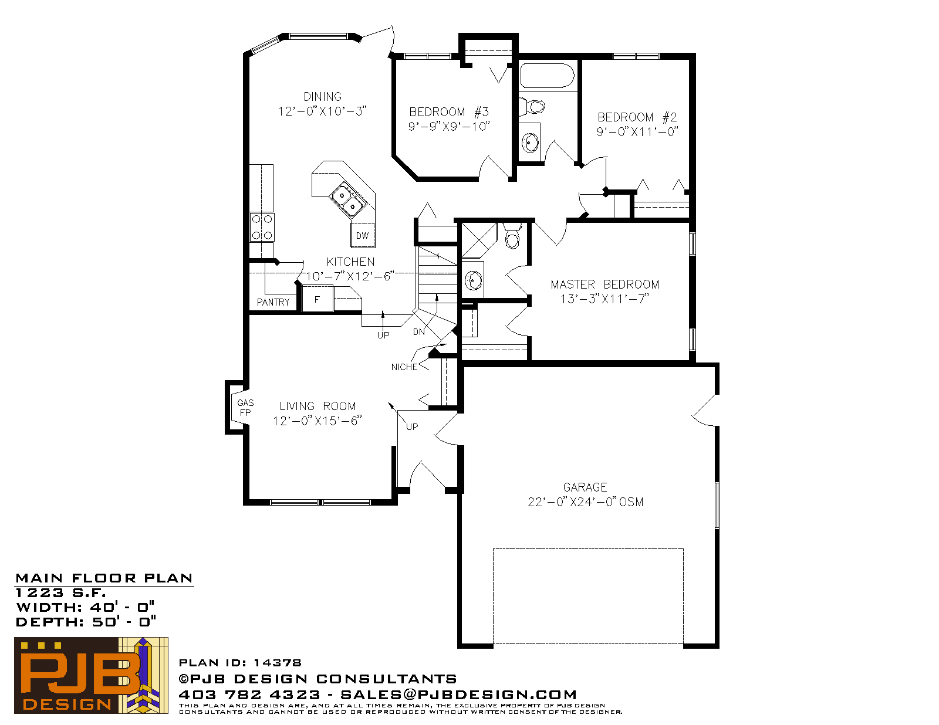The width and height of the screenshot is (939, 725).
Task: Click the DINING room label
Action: [x=322, y=97]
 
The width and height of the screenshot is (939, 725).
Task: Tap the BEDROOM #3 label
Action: [x=449, y=112]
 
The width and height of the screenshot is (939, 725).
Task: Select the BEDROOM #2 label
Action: [x=637, y=117]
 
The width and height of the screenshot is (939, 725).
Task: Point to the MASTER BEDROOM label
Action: [x=604, y=284]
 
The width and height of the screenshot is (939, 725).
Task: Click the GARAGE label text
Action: [x=585, y=487]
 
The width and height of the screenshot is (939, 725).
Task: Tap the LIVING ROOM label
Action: [x=317, y=406]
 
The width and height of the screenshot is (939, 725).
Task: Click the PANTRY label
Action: [x=273, y=302]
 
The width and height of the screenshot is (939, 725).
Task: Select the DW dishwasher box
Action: [x=363, y=235]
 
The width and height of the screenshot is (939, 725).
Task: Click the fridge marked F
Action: [x=317, y=299]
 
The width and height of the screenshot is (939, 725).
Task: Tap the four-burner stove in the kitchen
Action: [x=262, y=227]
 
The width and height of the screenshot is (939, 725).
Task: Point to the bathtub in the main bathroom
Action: [x=547, y=76]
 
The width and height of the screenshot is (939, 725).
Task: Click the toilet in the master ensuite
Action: [x=512, y=236]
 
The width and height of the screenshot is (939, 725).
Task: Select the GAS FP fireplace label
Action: [x=245, y=408]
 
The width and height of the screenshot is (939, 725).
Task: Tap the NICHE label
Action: [x=404, y=367]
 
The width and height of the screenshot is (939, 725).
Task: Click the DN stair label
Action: [x=418, y=332]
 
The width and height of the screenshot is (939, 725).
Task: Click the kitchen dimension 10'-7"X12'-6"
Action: [x=350, y=276]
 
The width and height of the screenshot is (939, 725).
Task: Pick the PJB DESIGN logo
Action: [x=91, y=675]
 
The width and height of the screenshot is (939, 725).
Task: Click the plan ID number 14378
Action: [x=277, y=663]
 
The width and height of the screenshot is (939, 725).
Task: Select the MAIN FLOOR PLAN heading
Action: [x=104, y=578]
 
